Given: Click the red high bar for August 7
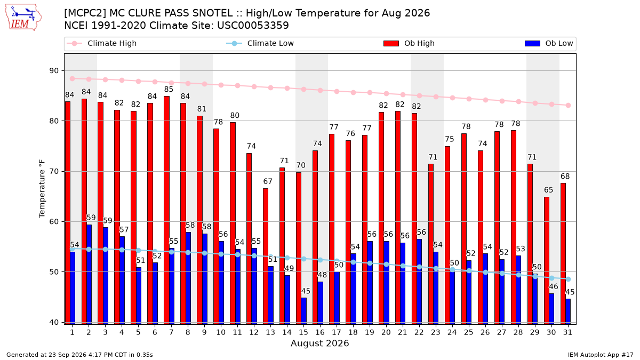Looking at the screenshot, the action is tap(166, 210).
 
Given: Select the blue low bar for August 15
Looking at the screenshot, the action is tap(303, 311).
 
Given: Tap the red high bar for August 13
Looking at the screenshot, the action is tap(266, 257).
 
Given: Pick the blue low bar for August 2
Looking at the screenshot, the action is tap(89, 275).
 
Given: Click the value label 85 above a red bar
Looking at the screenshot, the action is tap(169, 90).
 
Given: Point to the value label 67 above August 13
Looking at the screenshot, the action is tap(268, 181).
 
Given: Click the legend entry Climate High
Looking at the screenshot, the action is tap(101, 43).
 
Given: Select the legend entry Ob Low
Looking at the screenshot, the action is tap(549, 43).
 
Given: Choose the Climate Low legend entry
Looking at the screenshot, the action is tap(260, 43).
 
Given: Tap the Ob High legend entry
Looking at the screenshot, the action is tap(409, 43).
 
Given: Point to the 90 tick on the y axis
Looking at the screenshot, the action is tap(54, 71).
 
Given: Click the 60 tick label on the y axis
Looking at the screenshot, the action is tap(54, 222).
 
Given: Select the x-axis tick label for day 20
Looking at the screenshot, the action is tap(386, 333).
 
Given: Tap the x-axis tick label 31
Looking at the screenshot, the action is tap(567, 333).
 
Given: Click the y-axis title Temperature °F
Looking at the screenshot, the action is tap(42, 189).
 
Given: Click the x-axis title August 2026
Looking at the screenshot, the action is tap(319, 343).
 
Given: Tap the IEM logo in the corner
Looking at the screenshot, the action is tap(23, 18).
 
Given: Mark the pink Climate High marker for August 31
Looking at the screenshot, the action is tap(569, 106).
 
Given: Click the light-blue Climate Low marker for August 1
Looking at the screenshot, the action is tap(73, 249).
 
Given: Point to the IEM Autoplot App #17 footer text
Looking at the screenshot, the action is tap(601, 355).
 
